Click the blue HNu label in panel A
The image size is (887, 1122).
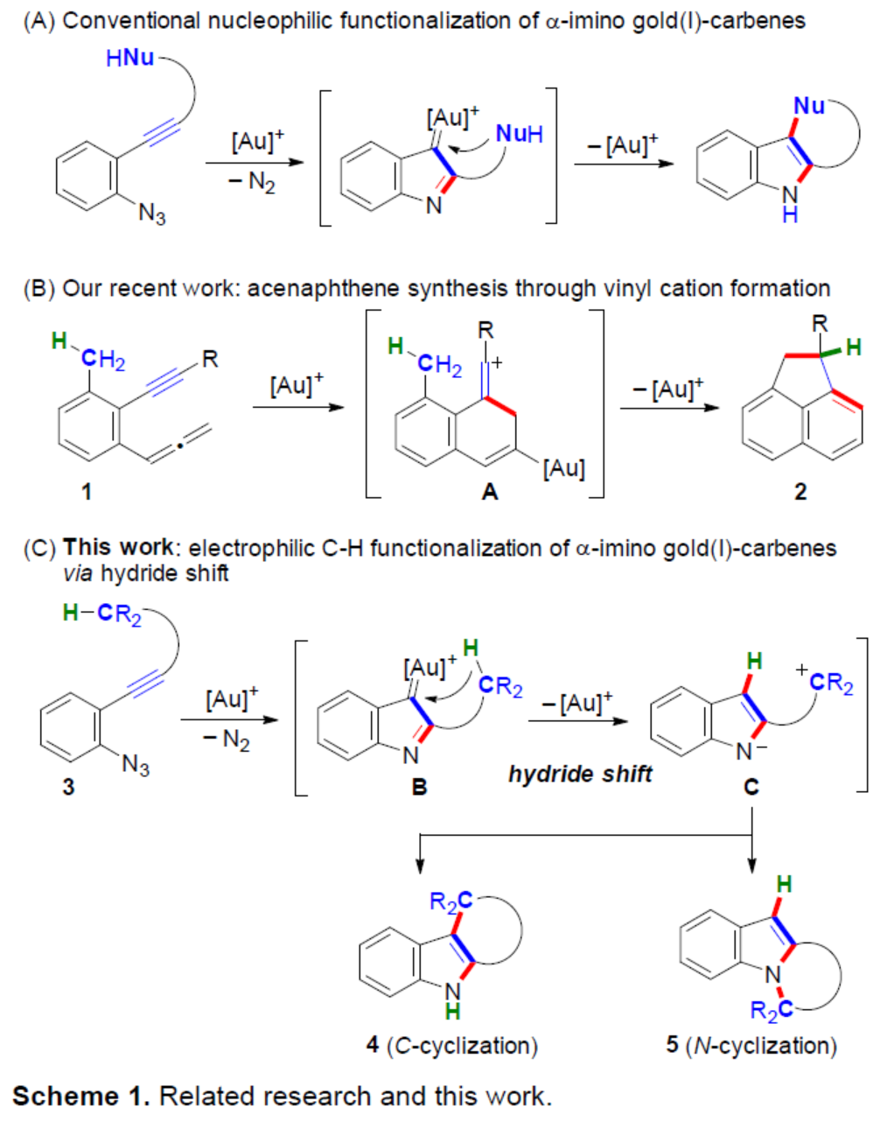(129, 58)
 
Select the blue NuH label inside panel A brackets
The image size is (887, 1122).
(519, 134)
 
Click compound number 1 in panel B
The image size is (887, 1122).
(86, 491)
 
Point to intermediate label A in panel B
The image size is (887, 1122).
(489, 492)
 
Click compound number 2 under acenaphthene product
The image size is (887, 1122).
(800, 491)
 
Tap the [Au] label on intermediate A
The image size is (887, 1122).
(563, 468)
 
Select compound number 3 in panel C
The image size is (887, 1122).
(68, 786)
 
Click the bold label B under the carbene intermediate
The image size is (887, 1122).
(419, 787)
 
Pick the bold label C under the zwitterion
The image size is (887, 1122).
(751, 787)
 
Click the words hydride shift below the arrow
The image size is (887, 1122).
(580, 774)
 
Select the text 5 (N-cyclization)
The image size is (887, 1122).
(751, 1045)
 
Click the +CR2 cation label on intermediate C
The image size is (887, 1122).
(826, 681)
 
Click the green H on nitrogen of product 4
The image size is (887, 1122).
(452, 1012)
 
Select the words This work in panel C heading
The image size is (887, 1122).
(117, 548)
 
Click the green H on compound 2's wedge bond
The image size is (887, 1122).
(854, 347)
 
